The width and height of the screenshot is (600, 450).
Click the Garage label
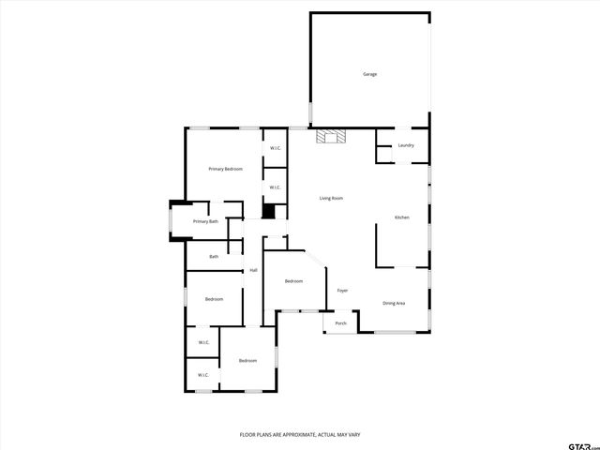coord(370,74)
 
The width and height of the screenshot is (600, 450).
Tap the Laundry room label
coord(406,145)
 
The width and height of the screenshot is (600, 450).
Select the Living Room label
coord(331,198)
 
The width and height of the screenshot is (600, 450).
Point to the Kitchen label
coord(401,217)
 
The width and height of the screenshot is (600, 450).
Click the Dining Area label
coord(394,303)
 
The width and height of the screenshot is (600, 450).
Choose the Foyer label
coord(343,291)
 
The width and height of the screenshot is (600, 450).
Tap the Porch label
coord(340,323)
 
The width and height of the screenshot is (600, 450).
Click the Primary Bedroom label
coord(226,169)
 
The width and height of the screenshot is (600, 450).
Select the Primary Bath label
coord(205,221)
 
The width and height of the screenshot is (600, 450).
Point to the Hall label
coord(253,271)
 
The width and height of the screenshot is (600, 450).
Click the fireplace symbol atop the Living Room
coord(330,137)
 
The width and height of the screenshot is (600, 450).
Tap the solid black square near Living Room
coord(268,212)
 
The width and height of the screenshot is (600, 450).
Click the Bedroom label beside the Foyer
coord(293,281)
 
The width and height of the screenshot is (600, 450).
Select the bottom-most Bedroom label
coord(247,361)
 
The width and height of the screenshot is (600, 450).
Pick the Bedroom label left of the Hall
coord(215,299)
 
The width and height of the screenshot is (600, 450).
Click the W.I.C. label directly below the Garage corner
coord(276,148)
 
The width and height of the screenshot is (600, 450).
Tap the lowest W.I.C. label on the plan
coord(202,376)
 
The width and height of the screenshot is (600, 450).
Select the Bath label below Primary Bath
coord(214,256)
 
